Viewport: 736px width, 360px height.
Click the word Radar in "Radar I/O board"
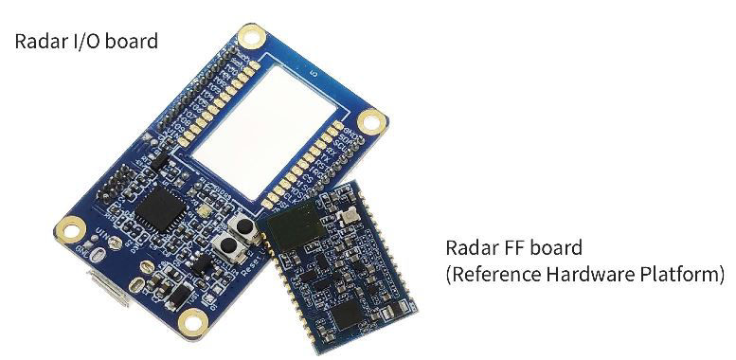click(x=37, y=42)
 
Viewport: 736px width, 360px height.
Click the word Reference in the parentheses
click(x=490, y=276)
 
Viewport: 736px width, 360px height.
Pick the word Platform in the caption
click(x=677, y=276)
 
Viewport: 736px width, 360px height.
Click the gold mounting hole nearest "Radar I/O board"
click(x=251, y=38)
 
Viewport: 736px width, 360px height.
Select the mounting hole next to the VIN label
click(x=69, y=227)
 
